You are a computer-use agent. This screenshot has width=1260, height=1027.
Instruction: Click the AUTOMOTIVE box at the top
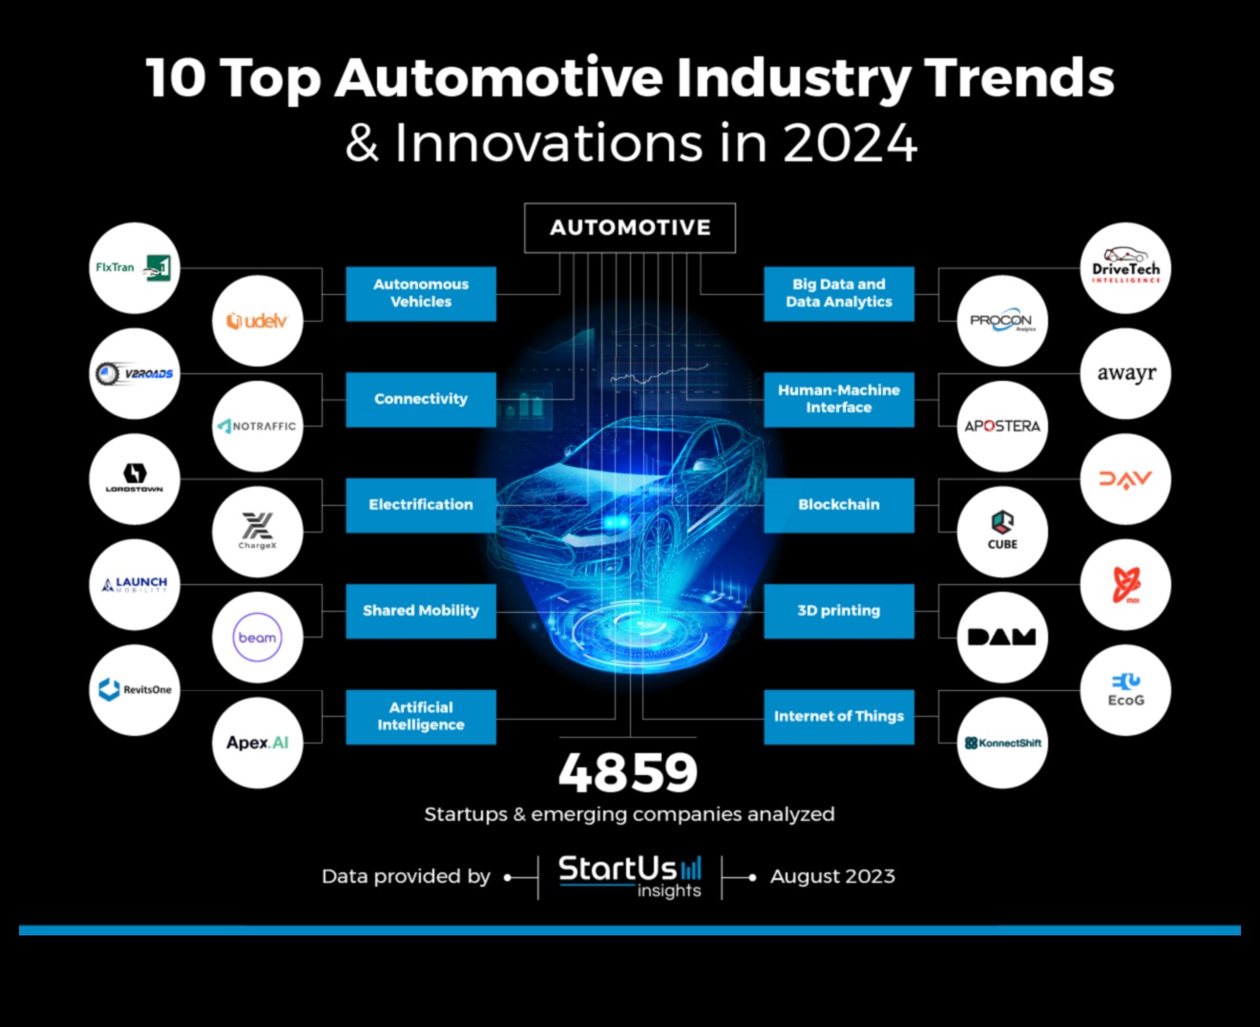(630, 228)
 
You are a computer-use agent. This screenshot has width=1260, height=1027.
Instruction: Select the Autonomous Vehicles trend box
(421, 293)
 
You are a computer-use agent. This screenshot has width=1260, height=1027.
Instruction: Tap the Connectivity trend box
(421, 399)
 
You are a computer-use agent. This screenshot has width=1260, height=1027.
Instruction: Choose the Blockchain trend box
(839, 505)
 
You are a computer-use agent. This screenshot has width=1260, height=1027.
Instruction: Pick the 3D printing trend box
(839, 611)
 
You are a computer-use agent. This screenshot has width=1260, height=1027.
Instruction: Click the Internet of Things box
(839, 717)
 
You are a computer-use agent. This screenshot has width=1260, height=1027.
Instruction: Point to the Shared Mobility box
(421, 611)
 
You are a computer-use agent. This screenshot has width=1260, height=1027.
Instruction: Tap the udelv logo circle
(257, 322)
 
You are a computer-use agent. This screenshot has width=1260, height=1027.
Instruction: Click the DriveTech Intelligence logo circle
(1126, 268)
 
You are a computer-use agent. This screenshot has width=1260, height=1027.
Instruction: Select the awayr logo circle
(1126, 374)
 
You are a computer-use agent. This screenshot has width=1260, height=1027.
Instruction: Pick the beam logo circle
(257, 638)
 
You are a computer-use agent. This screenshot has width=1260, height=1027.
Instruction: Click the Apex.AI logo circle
(257, 744)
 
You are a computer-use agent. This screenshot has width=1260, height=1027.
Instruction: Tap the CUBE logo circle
(1002, 532)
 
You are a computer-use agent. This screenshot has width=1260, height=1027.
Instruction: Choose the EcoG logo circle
(1126, 690)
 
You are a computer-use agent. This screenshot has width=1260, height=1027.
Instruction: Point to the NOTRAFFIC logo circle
(257, 427)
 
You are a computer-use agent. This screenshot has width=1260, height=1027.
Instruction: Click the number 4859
(628, 773)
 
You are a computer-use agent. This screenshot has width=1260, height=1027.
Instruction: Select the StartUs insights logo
(630, 876)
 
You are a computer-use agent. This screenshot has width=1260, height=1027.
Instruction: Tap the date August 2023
(832, 876)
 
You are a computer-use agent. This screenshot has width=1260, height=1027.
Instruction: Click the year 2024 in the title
(850, 143)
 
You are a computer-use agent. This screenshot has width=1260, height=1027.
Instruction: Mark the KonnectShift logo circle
(1002, 744)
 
